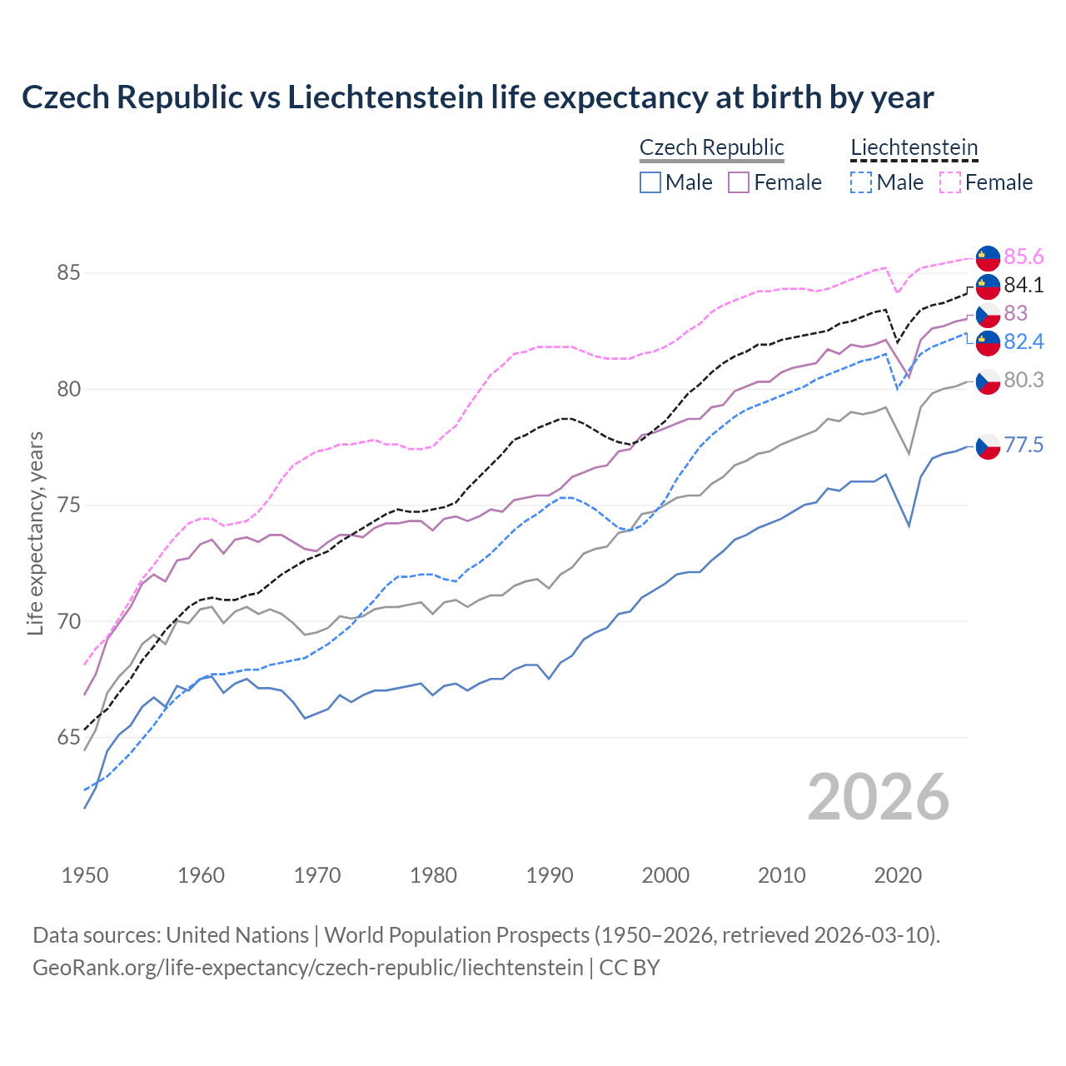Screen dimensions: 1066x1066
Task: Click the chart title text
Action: click(477, 97)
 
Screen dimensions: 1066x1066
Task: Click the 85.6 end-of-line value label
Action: click(1024, 257)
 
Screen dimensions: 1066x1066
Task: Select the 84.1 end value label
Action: click(1024, 285)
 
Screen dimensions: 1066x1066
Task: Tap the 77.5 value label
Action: click(1024, 446)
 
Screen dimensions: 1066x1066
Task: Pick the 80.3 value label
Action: click(1024, 381)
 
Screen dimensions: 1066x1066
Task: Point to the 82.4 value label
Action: click(1024, 341)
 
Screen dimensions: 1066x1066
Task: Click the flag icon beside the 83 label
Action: click(988, 314)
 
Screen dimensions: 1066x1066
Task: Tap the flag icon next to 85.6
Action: click(988, 257)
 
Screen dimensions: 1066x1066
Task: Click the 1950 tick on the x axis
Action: click(85, 875)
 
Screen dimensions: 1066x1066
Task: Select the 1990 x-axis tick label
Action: click(550, 875)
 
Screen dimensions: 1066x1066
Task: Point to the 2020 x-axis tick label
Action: click(898, 875)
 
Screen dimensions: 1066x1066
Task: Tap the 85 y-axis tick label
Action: click(69, 273)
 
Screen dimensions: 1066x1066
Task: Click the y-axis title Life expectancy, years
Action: click(36, 533)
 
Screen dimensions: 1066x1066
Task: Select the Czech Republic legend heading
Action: click(711, 147)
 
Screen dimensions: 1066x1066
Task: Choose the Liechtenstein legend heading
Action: click(914, 147)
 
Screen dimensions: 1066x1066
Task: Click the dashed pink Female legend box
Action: click(950, 182)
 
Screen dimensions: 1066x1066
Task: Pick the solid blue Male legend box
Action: click(650, 182)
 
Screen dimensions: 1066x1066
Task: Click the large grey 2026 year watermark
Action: click(878, 797)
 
